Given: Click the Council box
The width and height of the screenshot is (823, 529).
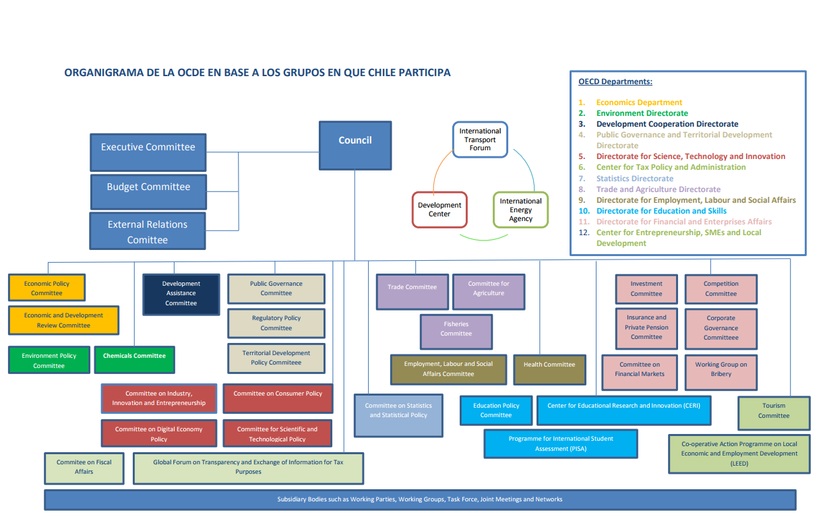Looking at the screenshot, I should point(355,145).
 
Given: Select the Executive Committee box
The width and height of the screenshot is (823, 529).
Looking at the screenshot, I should point(148,152).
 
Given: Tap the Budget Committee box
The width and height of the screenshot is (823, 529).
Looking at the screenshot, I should point(148,191).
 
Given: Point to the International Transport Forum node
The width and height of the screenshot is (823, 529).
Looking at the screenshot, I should point(480,139).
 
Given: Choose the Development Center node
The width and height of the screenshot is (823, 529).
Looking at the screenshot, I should point(439,210).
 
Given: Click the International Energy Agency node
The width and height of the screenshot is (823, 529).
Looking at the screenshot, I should point(520,210).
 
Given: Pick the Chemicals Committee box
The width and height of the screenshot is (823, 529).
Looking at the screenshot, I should point(135,360).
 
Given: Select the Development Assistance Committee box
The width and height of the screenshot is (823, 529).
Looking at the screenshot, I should point(181,294).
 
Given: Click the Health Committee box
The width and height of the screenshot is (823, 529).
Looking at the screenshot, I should point(549,369).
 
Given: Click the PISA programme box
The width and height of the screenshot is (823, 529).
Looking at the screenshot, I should point(560,443).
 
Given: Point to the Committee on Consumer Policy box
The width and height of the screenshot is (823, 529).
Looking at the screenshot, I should point(277,398).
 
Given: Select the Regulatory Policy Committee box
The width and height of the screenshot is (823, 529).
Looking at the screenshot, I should point(276,323).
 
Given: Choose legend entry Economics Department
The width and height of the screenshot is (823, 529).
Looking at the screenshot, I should point(639,102).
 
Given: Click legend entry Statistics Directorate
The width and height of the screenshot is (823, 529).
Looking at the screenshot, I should point(634,179).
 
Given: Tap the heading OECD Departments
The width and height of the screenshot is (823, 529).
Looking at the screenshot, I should point(615,82).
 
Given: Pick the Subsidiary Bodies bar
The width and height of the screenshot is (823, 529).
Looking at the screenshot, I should point(419,499).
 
